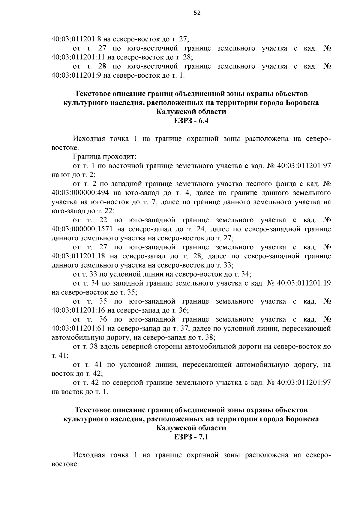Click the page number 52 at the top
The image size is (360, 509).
pos(197,13)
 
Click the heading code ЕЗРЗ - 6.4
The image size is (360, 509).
pos(191,121)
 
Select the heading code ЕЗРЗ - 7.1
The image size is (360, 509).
pos(191,437)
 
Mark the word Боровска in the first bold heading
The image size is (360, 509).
pos(302,103)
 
